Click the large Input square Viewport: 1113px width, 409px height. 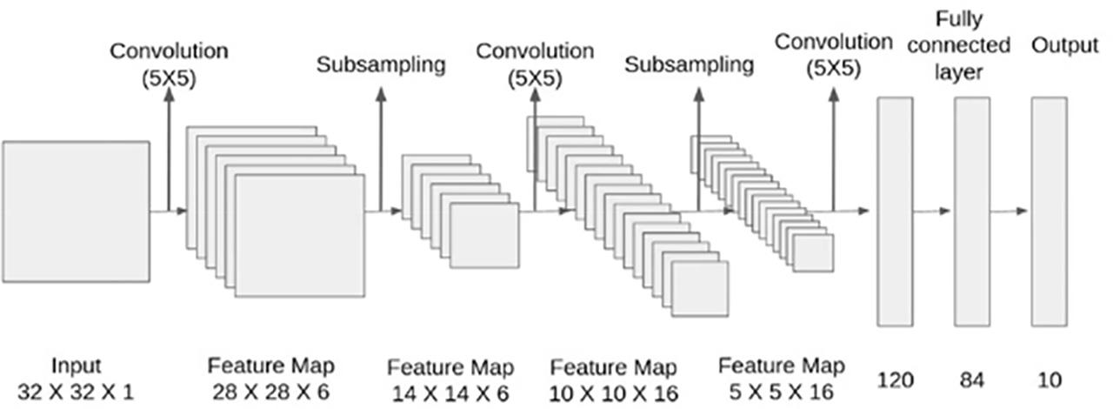76,211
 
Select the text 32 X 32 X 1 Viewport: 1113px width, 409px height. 76,392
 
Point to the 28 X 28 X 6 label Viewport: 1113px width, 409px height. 270,392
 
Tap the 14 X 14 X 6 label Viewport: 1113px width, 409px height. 450,393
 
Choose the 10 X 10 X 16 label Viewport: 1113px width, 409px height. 614,393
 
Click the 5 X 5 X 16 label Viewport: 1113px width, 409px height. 781,392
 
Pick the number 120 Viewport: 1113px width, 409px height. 896,380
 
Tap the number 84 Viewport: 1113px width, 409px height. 973,380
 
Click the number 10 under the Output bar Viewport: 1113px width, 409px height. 1049,380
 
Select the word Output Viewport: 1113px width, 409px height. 1064,44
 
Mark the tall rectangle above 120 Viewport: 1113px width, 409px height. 895,211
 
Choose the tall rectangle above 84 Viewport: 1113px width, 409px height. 972,211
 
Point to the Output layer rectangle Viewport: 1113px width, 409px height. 1049,211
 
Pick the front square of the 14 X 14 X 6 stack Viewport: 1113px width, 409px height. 484,235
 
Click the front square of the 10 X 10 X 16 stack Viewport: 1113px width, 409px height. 700,287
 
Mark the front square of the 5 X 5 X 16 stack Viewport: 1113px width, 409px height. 814,253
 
